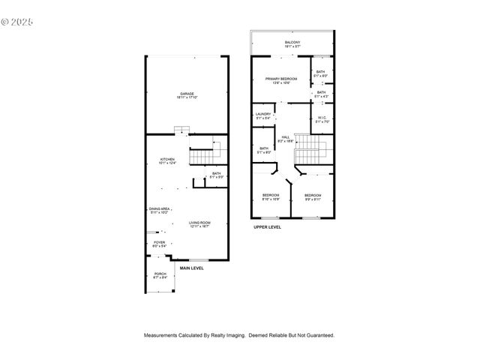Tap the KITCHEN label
point(167,160)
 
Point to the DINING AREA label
point(159,209)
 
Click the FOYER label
point(160,242)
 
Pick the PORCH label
point(160,274)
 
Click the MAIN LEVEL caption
point(191,268)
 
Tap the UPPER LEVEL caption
point(267,226)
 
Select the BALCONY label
point(292,42)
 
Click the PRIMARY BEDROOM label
point(281,79)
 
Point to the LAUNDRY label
point(263,114)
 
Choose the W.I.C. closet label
point(321,117)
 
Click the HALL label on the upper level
point(286,137)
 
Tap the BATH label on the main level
point(216,174)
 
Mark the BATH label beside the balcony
point(321,72)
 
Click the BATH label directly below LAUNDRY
point(264,148)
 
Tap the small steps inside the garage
point(181,131)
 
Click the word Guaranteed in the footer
point(319,335)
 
